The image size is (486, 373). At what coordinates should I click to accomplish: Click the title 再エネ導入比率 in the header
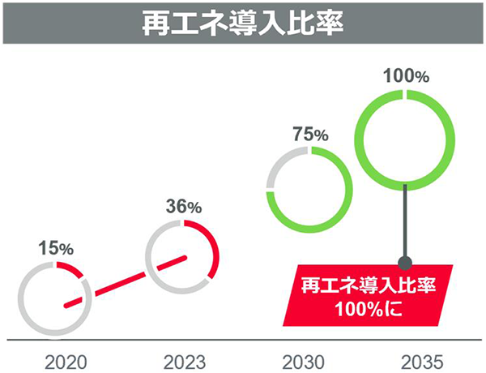coord(243,22)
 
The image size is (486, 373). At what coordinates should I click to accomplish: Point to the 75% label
coord(309,135)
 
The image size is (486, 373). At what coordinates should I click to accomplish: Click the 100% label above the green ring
coord(405,77)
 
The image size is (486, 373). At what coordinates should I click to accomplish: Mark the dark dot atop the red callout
coord(406,262)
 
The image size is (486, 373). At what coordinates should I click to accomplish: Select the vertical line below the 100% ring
coord(405,219)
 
